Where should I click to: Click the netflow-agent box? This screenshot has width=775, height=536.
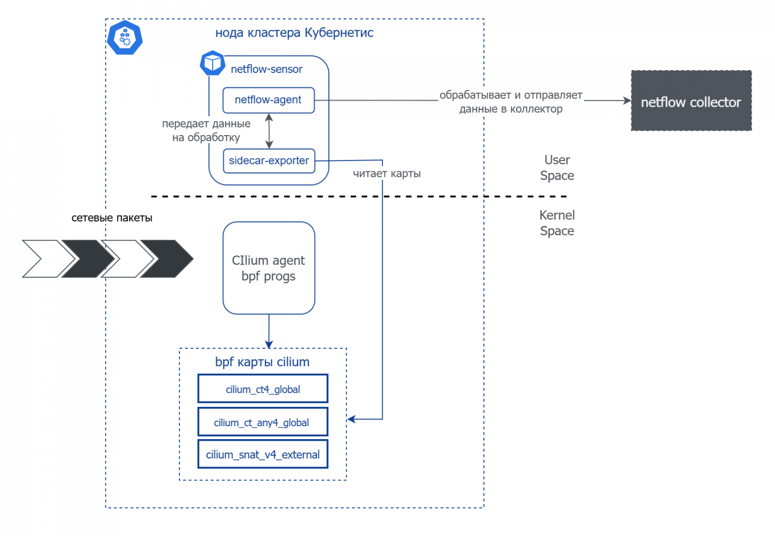coord(268,100)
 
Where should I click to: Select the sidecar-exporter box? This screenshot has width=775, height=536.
coord(269,161)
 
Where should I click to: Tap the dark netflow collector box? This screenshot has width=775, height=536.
coord(691,101)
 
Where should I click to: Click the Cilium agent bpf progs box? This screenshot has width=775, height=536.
coord(268,268)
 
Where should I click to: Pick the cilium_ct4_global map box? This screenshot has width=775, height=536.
coord(262,389)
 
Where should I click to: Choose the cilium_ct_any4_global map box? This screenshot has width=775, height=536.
coord(262,422)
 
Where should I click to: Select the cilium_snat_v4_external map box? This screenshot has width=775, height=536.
coord(262,455)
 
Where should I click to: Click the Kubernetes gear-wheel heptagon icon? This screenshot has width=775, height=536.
coord(125,38)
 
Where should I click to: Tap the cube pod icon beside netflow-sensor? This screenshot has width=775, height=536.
coord(213,63)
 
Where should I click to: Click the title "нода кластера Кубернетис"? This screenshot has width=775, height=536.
coord(294,33)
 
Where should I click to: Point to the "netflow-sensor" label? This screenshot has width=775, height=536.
coord(266,69)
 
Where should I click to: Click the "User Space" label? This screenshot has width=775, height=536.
coord(557,168)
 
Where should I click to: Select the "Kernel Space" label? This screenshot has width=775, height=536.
coord(557,223)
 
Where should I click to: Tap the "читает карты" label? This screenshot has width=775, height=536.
coord(387,174)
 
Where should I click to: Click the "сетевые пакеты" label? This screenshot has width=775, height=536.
coord(112,218)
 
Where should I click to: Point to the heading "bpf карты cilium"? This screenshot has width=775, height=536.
coord(262,362)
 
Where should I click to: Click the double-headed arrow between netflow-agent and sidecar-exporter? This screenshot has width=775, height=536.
coord(269,131)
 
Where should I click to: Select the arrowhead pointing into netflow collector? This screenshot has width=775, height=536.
coord(627,100)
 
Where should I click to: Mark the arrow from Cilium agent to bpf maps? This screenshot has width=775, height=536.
coord(269,331)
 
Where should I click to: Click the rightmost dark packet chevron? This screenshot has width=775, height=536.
coord(169,259)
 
